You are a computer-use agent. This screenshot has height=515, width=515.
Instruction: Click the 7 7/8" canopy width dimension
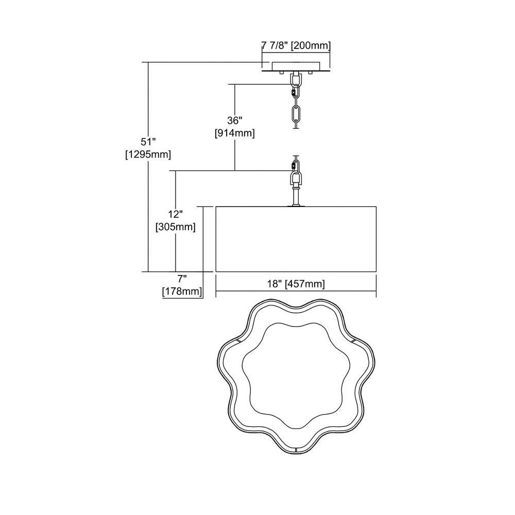(x=274, y=45)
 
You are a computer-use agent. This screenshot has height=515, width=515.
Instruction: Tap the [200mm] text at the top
(x=311, y=45)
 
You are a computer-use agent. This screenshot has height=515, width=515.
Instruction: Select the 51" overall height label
(x=148, y=142)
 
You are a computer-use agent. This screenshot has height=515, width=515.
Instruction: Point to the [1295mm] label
(x=148, y=154)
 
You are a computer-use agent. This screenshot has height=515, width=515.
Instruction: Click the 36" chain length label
(x=234, y=121)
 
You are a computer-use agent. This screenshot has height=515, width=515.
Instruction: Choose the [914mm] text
(x=234, y=133)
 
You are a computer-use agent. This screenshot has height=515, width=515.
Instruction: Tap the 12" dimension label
(x=176, y=214)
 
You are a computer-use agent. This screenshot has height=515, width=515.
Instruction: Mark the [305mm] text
(x=176, y=227)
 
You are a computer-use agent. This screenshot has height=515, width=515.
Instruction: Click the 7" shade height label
(x=182, y=279)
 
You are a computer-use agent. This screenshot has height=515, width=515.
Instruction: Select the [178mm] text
(x=182, y=291)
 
